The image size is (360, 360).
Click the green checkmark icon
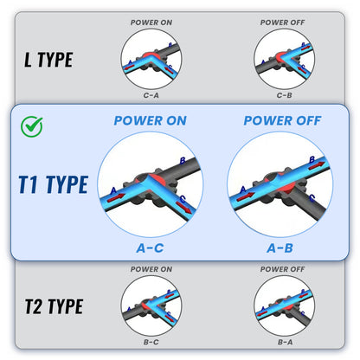click(32, 126)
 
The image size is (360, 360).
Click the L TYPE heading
click(48, 60)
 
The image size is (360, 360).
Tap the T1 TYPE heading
click(54, 184)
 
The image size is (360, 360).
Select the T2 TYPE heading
click(55, 306)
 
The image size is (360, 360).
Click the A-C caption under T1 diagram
click(150, 248)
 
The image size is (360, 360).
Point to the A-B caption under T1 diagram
click(280, 248)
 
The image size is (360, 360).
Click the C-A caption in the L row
click(151, 95)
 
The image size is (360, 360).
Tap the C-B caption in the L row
click(285, 95)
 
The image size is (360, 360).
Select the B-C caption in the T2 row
click(151, 342)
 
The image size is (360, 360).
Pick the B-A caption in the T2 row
click(285, 342)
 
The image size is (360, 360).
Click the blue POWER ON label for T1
click(151, 120)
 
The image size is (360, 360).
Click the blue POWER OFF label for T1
click(282, 120)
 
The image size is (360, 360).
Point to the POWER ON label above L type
click(151, 22)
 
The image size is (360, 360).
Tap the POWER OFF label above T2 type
click(282, 269)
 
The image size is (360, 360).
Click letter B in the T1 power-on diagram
click(183, 161)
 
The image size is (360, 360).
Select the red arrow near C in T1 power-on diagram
click(184, 208)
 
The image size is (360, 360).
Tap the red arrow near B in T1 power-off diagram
click(317, 165)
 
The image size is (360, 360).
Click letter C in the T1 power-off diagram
click(312, 198)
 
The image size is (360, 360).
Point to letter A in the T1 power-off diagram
click(243, 190)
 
